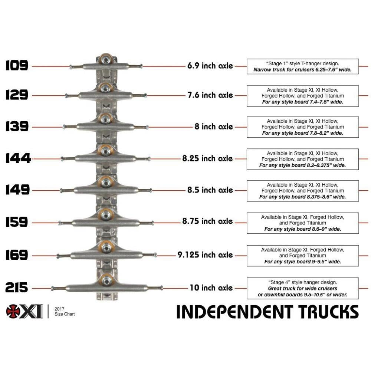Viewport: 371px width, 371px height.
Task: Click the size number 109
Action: coord(17,66)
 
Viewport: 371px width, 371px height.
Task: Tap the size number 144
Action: coord(18,159)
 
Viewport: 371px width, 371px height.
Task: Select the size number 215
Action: coord(17,288)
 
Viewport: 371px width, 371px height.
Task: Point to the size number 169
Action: coord(17,255)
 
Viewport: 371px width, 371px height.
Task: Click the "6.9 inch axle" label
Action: coord(210,66)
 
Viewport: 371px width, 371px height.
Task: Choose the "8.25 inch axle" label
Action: coord(207,159)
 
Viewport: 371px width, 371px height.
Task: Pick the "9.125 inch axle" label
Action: coord(205,255)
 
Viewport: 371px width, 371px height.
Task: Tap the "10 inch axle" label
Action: coord(211,288)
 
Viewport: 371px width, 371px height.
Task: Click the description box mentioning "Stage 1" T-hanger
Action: coord(303,66)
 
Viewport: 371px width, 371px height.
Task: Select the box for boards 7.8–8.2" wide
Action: coord(303,127)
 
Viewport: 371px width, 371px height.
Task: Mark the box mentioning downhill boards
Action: coord(303,288)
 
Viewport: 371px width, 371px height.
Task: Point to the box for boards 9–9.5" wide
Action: coord(303,256)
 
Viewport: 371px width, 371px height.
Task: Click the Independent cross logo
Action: coord(14,311)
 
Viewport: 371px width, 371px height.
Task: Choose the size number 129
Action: coord(17,95)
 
